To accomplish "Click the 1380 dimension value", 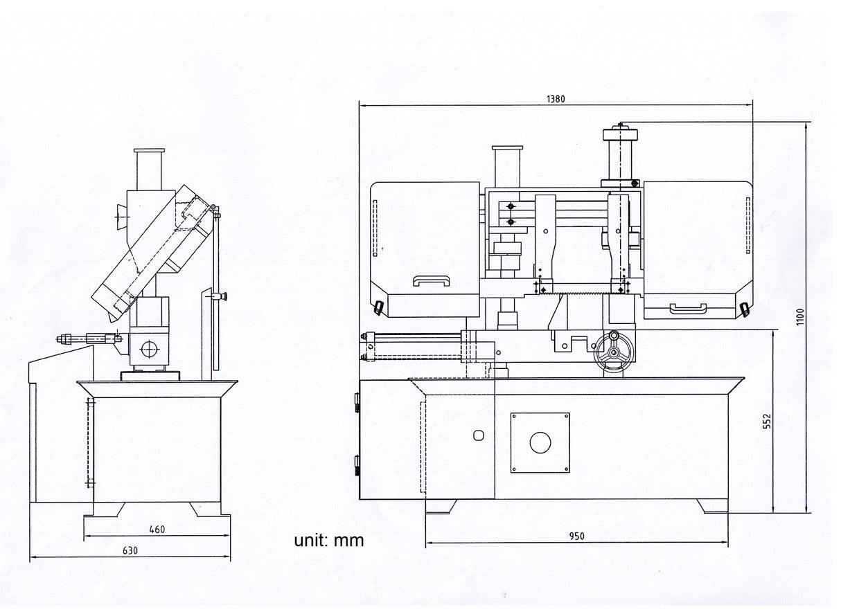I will pos(556,99).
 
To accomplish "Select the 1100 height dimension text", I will pos(801,318).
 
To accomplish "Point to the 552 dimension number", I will pos(766,422).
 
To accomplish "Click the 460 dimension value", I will pos(157,530).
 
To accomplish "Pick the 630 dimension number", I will pos(130,551).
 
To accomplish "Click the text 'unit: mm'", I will pos(328,541).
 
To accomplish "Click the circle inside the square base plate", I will pos(540,443).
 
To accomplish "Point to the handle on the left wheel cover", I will pos(430,280).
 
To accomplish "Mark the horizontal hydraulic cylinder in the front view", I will pos(416,345).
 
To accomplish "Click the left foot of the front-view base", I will pos(441,506).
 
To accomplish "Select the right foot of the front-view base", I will pos(712,506).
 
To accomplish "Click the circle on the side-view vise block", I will pos(149,349).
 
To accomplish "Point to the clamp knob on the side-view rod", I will pos(223,298).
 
